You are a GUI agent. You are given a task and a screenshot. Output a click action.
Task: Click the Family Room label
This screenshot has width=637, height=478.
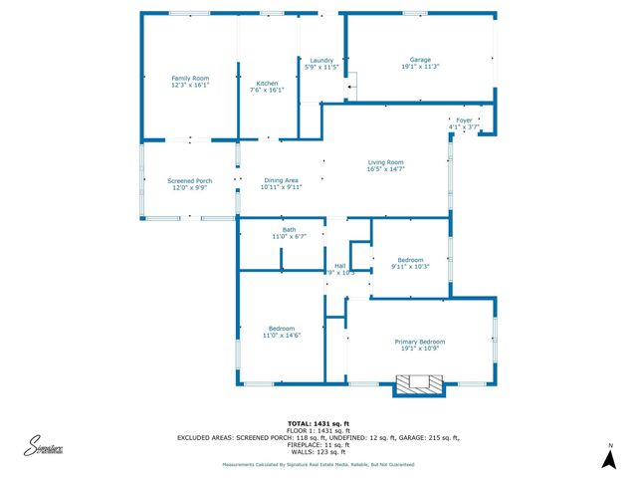tap(189, 78)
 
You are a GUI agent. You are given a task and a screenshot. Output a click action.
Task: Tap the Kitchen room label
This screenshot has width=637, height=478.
tap(267, 84)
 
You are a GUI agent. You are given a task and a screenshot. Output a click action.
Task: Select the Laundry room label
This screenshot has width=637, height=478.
tap(320, 60)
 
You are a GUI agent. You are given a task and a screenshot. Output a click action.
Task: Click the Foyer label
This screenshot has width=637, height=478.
tap(464, 120)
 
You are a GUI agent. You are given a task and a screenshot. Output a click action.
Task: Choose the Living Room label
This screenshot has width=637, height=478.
tap(385, 162)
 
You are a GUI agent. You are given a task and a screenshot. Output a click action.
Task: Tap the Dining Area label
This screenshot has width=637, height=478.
tap(281, 180)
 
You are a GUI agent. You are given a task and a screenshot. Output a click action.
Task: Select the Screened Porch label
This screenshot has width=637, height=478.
tap(189, 180)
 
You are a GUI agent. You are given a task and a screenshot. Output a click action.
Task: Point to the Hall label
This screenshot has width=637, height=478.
tap(339, 266)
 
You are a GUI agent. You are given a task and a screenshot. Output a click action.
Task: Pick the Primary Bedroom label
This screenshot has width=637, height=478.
tap(419, 342)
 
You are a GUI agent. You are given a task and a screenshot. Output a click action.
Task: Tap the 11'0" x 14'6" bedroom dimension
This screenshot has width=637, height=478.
tap(281, 336)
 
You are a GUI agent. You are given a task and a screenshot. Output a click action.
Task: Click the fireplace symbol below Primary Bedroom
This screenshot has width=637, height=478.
tap(419, 383)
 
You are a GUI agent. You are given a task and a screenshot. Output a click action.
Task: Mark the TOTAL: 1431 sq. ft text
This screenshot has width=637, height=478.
tap(318, 423)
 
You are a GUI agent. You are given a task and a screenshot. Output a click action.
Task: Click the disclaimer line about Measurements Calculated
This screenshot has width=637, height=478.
tap(318, 464)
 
